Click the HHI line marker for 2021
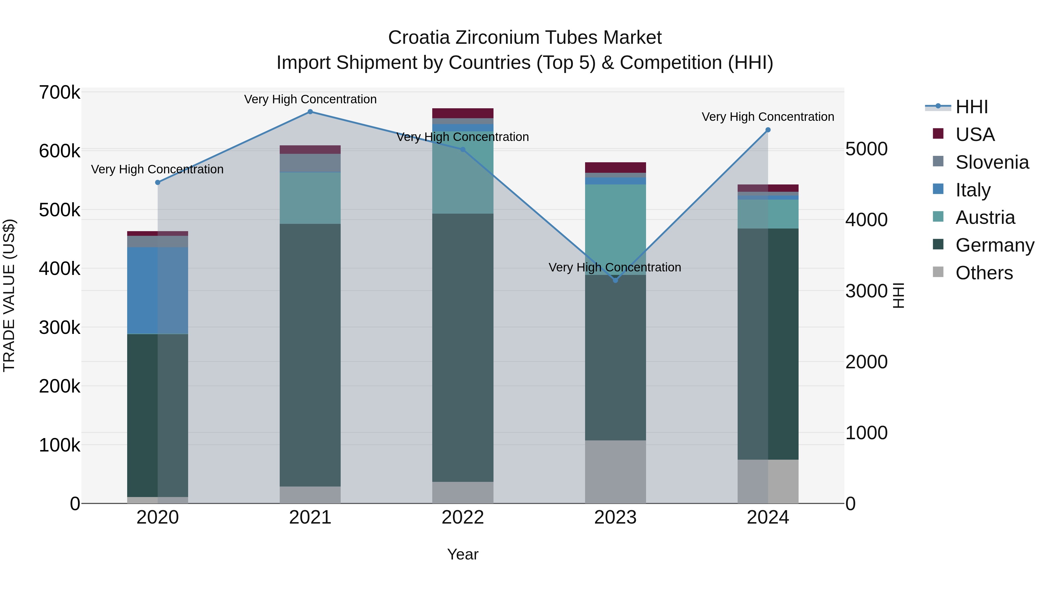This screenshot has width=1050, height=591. pos(310,112)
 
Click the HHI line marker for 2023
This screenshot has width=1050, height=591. pos(615,280)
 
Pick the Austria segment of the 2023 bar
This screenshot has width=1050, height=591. pos(615,230)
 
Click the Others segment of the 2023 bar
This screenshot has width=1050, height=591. pos(615,472)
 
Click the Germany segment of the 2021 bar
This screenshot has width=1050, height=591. pos(310,355)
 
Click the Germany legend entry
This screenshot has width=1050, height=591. pos(995,245)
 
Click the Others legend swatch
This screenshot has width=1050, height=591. pos(938,272)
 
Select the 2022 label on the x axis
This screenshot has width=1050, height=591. pos(463,517)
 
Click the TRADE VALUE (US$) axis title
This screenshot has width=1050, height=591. pos(9,295)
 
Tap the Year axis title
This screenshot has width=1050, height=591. pos(463,554)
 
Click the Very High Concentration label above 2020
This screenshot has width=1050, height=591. pos(157,169)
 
